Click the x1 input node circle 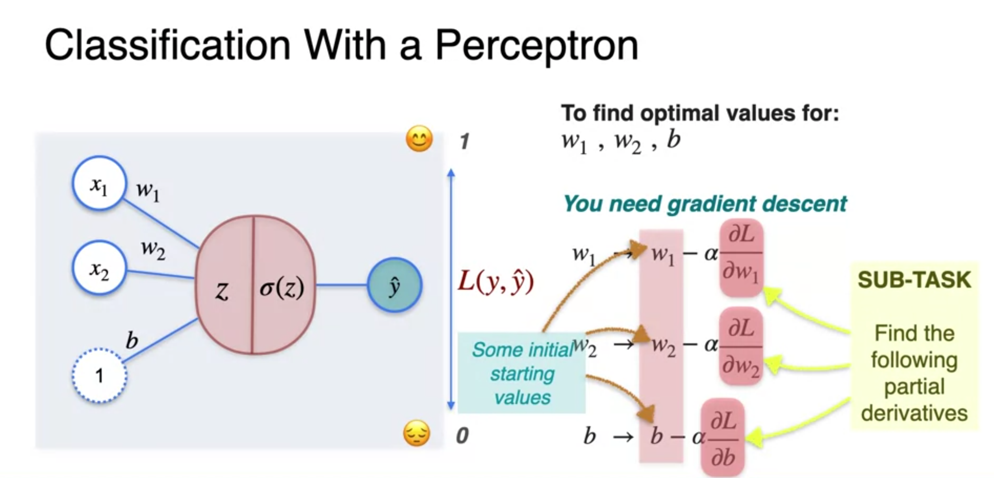tap(99, 183)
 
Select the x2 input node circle tap(99, 268)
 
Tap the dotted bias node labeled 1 tap(99, 375)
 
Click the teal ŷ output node tap(395, 285)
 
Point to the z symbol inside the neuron tap(222, 291)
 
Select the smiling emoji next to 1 tap(419, 139)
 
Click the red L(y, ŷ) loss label tap(495, 282)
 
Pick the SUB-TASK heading tap(914, 280)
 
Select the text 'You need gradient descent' tap(705, 204)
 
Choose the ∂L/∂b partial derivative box tap(723, 438)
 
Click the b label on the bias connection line tap(132, 340)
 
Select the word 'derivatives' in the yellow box tap(914, 413)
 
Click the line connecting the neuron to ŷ tap(341, 285)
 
